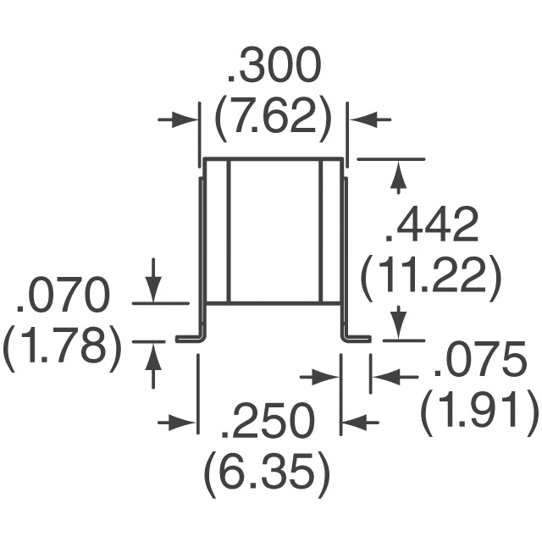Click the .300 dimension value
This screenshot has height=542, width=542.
point(273,66)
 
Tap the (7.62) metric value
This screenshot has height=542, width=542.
point(273,119)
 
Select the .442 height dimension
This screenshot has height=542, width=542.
point(432,225)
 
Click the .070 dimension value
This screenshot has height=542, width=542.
point(63,293)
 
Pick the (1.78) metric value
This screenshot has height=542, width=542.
point(63,346)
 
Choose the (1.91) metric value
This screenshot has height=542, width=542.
point(479,412)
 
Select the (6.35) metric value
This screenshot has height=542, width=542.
point(268,475)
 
